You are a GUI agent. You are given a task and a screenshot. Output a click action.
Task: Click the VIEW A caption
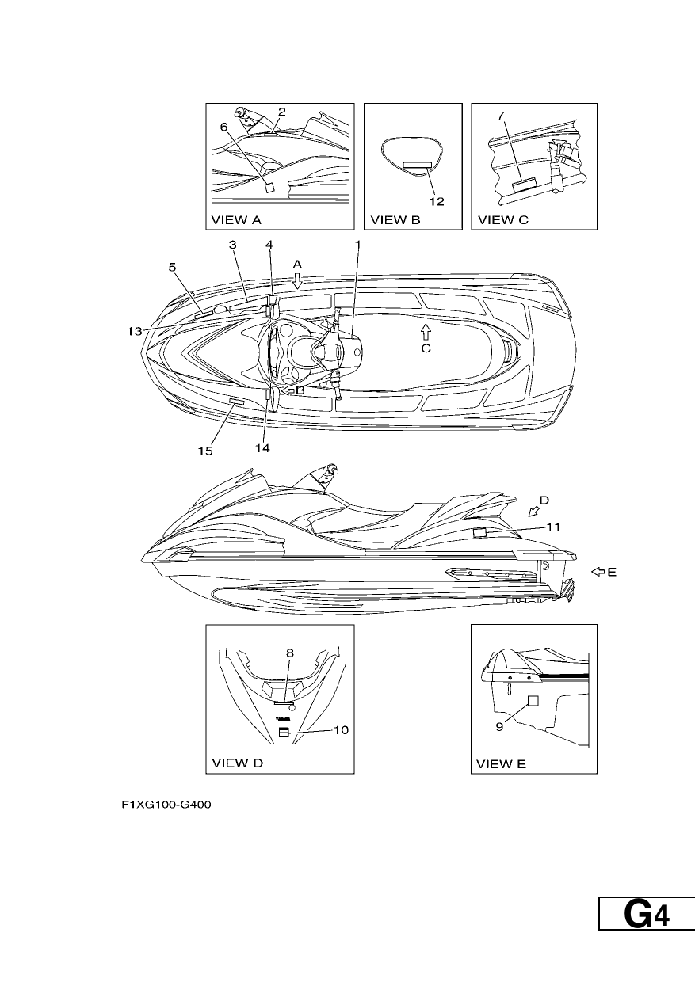(x=236, y=219)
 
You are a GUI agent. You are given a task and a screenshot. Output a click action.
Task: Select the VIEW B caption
(x=395, y=219)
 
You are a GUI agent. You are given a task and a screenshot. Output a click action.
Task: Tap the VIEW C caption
(x=502, y=219)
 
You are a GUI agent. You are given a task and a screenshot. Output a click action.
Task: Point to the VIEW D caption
(x=238, y=763)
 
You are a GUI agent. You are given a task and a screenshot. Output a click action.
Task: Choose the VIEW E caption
(x=501, y=764)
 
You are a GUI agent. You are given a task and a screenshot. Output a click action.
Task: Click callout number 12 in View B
(x=437, y=201)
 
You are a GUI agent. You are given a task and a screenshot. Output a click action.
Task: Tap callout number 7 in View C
(x=501, y=116)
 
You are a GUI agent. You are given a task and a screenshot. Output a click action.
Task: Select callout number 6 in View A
(x=223, y=127)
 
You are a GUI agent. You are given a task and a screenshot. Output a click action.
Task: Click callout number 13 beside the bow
(x=135, y=331)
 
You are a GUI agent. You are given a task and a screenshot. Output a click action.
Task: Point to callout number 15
(x=205, y=451)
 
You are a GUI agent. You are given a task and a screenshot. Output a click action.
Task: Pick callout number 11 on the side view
(x=554, y=527)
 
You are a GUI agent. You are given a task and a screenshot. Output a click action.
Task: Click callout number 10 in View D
(x=341, y=730)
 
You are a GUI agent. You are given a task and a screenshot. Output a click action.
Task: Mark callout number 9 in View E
(x=499, y=726)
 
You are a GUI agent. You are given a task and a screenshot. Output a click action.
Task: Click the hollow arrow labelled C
(x=425, y=332)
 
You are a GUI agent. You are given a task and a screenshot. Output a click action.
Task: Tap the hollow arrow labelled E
(x=598, y=572)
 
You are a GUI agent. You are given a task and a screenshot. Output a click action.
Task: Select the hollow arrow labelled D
(x=533, y=511)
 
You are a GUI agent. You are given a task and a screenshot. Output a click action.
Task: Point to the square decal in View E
(x=533, y=700)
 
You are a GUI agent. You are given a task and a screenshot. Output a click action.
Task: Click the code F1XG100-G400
(x=166, y=805)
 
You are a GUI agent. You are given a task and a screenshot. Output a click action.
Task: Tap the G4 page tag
(x=647, y=914)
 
